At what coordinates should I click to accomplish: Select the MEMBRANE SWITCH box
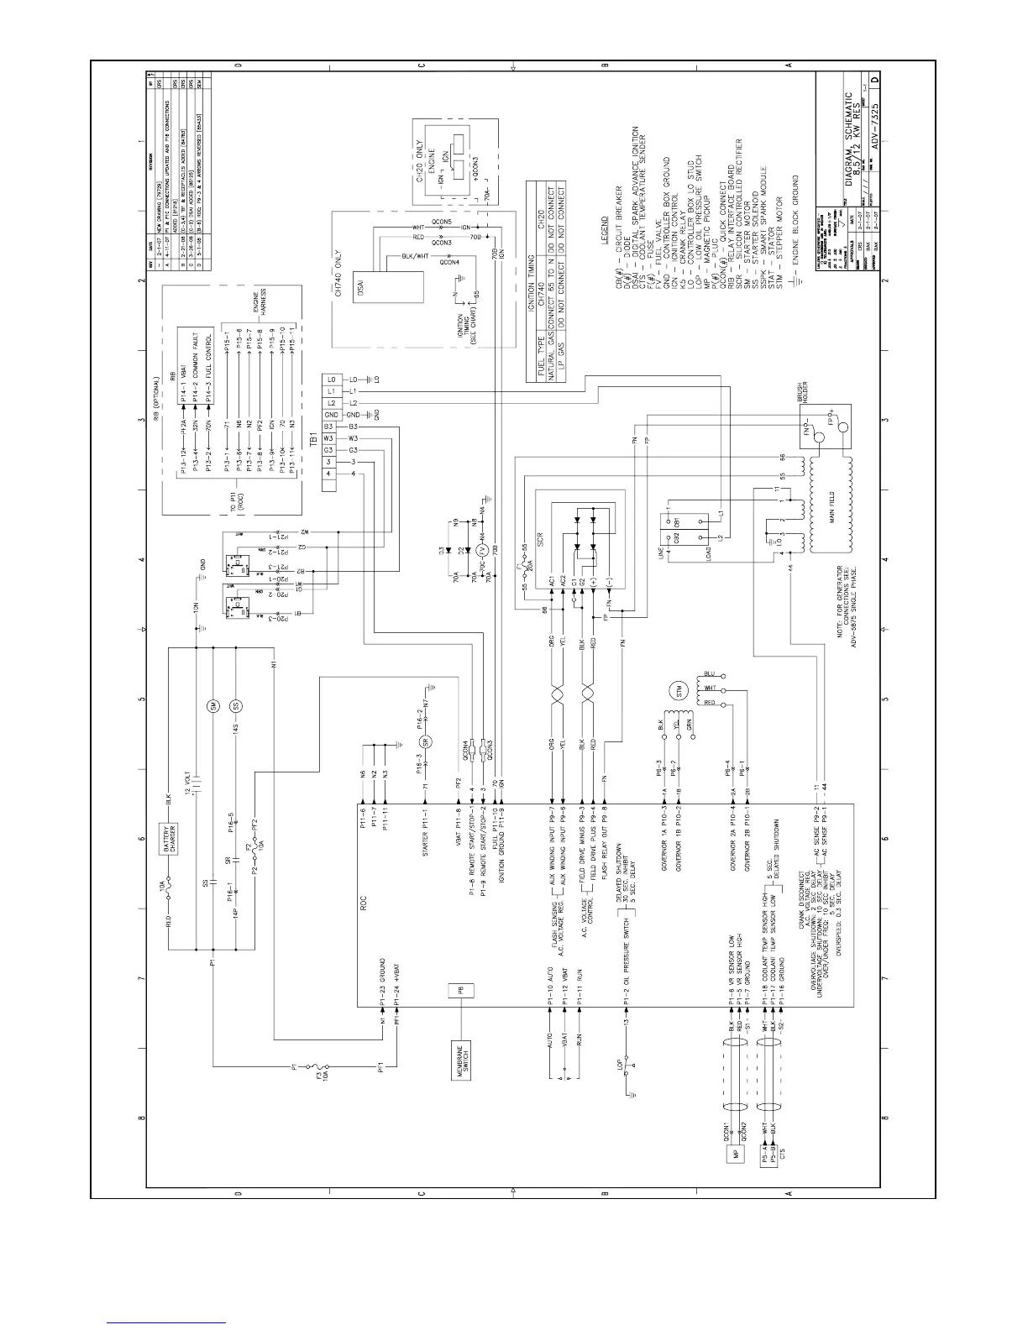click(x=461, y=1066)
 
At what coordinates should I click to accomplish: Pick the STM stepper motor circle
click(x=675, y=691)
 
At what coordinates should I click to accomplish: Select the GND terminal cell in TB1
click(x=331, y=415)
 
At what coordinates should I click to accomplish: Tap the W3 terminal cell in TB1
click(x=331, y=438)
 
